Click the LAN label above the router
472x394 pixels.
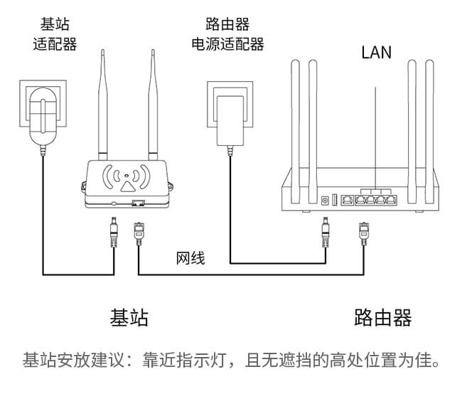pyautogui.click(x=376, y=52)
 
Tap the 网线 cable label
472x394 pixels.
pyautogui.click(x=191, y=257)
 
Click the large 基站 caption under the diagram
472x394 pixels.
pyautogui.click(x=129, y=317)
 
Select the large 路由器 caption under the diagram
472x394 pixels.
pyautogui.click(x=383, y=317)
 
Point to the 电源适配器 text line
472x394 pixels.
pyautogui.click(x=227, y=44)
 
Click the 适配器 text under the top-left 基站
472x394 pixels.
pyautogui.click(x=55, y=44)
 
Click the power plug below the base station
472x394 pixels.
pyautogui.click(x=112, y=232)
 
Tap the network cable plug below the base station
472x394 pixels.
pyautogui.click(x=139, y=232)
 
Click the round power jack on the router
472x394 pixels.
pyautogui.click(x=326, y=201)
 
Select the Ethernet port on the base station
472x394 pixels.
pyautogui.click(x=138, y=204)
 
